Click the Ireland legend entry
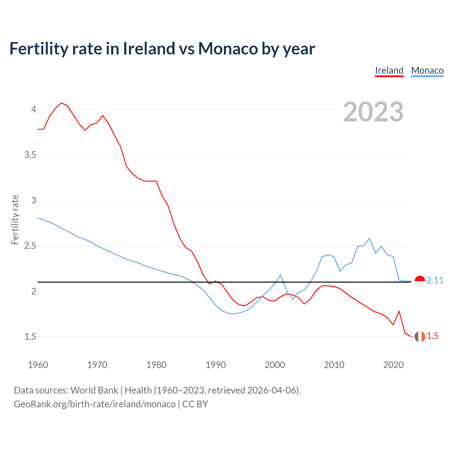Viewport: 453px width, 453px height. pyautogui.click(x=389, y=70)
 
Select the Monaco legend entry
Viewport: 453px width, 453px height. pyautogui.click(x=427, y=70)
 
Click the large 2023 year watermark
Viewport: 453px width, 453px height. pyautogui.click(x=373, y=112)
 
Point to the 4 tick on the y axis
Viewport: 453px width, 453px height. pyautogui.click(x=34, y=109)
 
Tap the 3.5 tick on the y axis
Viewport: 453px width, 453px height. pyautogui.click(x=30, y=155)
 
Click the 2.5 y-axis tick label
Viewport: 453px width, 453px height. pyautogui.click(x=30, y=246)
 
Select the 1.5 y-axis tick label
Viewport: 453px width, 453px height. pyautogui.click(x=30, y=337)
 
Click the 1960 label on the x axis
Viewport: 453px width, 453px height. pyautogui.click(x=38, y=365)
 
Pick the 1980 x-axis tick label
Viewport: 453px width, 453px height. pyautogui.click(x=156, y=365)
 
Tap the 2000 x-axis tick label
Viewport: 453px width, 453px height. pyautogui.click(x=275, y=365)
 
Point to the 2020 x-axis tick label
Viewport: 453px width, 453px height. pyautogui.click(x=393, y=365)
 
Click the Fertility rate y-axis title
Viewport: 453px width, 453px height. pyautogui.click(x=15, y=219)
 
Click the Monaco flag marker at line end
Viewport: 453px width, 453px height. pyautogui.click(x=420, y=281)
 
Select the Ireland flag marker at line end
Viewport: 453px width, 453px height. pyautogui.click(x=420, y=337)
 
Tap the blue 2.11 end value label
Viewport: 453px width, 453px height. pyautogui.click(x=435, y=281)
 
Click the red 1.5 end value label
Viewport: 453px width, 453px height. pyautogui.click(x=432, y=336)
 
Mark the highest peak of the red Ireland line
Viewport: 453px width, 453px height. pyautogui.click(x=62, y=103)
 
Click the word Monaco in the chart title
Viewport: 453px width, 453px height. pyautogui.click(x=228, y=49)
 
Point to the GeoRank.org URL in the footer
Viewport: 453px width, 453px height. pyautogui.click(x=94, y=404)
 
